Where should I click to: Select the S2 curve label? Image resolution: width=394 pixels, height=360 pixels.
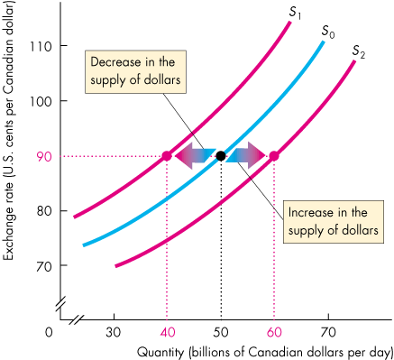(x=359, y=51)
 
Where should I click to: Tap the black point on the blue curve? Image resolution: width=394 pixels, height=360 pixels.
(x=221, y=156)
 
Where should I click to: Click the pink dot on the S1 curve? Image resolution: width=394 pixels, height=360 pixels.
(x=167, y=156)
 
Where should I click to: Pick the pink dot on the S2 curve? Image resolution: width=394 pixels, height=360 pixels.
(x=274, y=156)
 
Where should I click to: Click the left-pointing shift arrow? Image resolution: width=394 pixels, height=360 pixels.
(x=194, y=156)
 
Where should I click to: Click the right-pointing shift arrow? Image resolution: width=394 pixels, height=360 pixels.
(x=248, y=156)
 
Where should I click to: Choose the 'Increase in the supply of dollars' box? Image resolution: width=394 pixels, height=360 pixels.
(x=326, y=219)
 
